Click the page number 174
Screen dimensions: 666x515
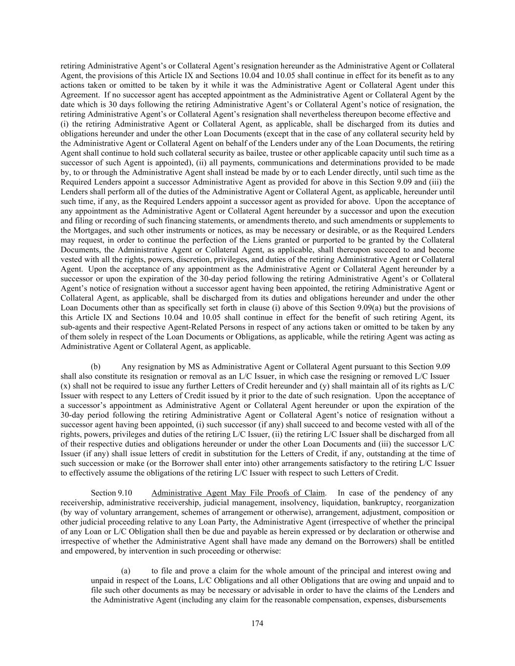pos(257,623)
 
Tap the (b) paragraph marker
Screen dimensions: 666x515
pos(96,366)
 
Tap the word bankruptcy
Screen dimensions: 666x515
pos(375,503)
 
